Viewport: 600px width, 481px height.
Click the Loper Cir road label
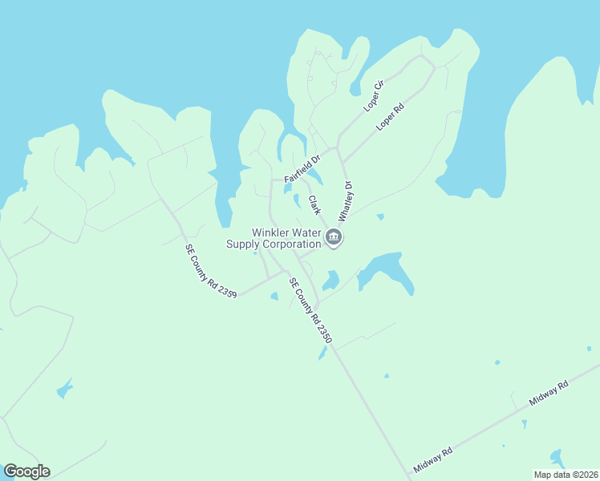[x=375, y=96]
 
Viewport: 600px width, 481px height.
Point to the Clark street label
[x=314, y=205]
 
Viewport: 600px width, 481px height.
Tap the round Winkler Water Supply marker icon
[x=334, y=237]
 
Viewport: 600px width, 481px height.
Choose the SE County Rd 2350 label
[x=310, y=310]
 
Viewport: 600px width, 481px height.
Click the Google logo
[x=26, y=471]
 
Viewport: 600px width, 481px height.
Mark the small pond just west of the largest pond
[x=330, y=281]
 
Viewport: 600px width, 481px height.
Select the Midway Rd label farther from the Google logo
[x=549, y=392]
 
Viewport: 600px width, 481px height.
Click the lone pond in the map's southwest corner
[x=64, y=390]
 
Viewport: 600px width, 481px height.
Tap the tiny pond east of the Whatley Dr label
[x=380, y=216]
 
